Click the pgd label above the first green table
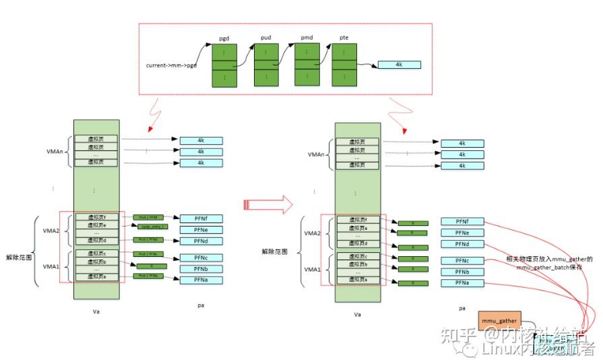click(224, 39)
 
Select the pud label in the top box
click(265, 39)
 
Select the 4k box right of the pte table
click(399, 65)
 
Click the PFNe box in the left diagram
click(201, 229)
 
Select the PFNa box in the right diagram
click(462, 283)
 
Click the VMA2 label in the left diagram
click(51, 231)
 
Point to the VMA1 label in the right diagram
click(313, 269)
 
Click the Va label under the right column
click(357, 314)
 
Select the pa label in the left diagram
click(200, 305)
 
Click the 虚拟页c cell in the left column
click(96, 253)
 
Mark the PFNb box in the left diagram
click(201, 269)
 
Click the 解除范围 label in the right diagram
click(276, 251)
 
